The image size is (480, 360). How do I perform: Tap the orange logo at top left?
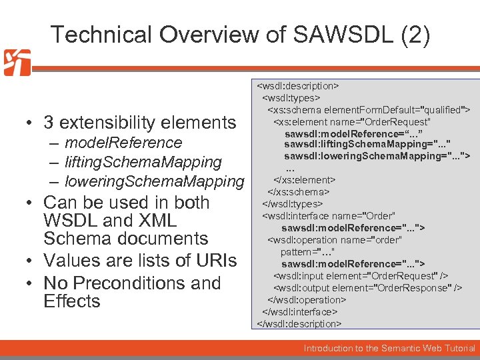(x=17, y=63)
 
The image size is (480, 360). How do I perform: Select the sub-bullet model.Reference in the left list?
(x=123, y=143)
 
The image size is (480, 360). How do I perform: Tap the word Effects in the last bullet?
(x=72, y=301)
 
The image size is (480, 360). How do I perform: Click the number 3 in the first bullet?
(x=49, y=123)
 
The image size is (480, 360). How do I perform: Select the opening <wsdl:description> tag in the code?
(x=298, y=86)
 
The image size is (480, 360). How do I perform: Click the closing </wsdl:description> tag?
(x=299, y=324)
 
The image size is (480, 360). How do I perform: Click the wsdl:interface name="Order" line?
(x=329, y=216)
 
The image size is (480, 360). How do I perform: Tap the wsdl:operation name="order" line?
(x=335, y=240)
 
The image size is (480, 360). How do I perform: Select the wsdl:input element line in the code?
(x=361, y=276)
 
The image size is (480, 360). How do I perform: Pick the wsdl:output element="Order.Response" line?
(x=368, y=288)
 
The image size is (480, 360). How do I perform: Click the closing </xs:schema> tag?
(x=299, y=192)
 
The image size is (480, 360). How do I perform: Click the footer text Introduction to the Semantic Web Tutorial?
(x=389, y=349)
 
